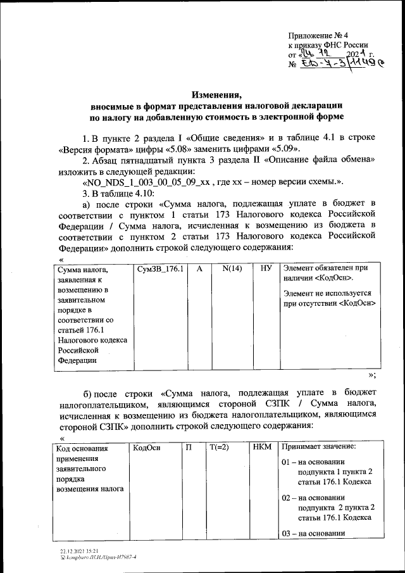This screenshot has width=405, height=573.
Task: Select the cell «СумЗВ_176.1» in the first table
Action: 160,269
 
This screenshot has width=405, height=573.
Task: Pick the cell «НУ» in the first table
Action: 266,269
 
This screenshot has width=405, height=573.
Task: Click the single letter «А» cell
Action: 199,269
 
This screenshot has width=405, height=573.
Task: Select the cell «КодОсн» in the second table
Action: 146,448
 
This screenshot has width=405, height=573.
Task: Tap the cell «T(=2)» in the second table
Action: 218,448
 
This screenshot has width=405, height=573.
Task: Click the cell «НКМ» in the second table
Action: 261,448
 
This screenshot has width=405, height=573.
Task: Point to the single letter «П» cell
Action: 189,448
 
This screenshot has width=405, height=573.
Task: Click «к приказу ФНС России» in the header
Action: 327,46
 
